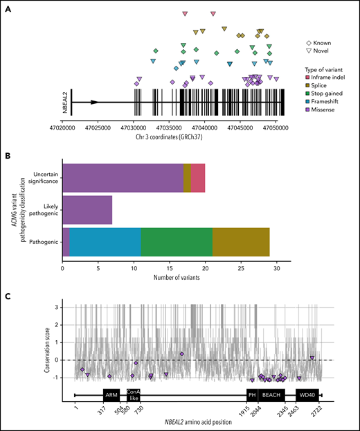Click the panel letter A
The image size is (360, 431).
tap(6, 6)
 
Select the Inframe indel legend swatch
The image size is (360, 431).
tap(307, 76)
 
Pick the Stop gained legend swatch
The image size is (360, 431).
tap(307, 91)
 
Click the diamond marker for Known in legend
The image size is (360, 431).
tap(307, 43)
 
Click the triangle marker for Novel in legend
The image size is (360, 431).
tap(307, 51)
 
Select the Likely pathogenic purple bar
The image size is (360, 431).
tap(87, 211)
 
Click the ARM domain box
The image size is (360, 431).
tap(111, 395)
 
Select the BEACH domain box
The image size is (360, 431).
tap(272, 395)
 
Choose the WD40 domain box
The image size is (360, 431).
tap(306, 395)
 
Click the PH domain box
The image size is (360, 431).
tap(252, 395)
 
